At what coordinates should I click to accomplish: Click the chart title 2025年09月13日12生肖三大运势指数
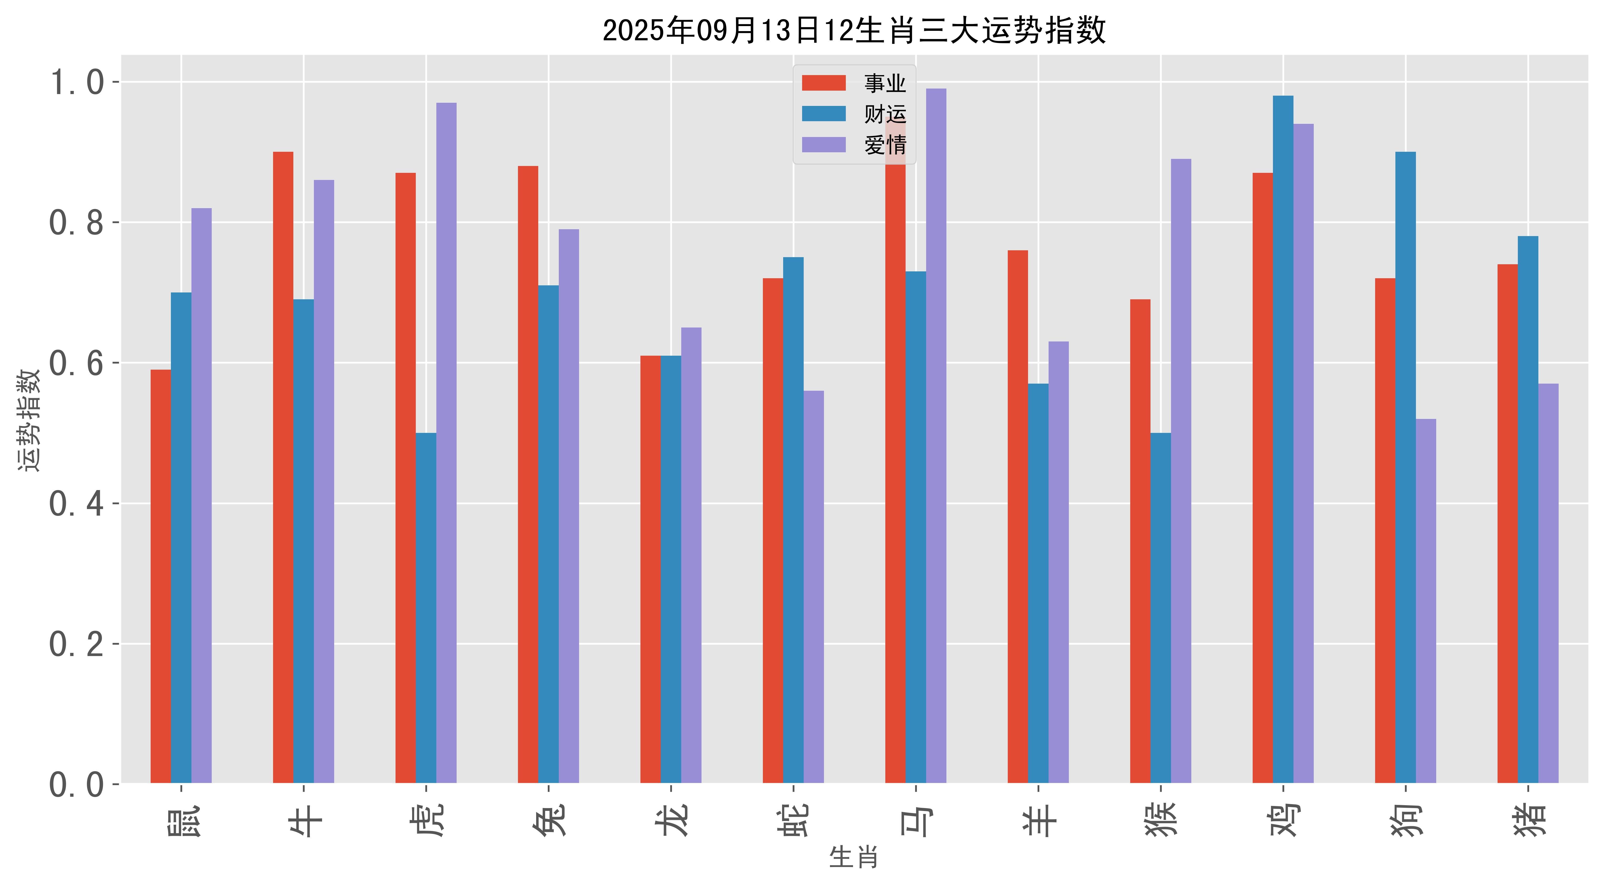(854, 30)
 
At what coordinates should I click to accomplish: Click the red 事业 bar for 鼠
(161, 576)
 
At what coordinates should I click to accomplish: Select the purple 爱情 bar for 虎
(446, 443)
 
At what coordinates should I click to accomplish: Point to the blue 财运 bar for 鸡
(1283, 439)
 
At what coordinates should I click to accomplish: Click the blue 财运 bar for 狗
(1406, 467)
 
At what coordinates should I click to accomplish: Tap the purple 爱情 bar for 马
(936, 436)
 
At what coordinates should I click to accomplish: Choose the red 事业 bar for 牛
(283, 467)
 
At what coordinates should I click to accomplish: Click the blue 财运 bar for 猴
(1160, 608)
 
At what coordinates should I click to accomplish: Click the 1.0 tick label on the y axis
(76, 82)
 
